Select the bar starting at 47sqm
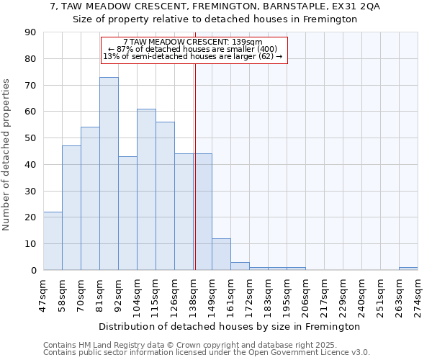pos(53,240)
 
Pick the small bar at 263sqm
pos(408,269)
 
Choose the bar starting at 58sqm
pos(71,208)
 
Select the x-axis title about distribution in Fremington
pos(229,326)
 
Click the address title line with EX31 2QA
pos(215,6)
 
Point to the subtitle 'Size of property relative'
pos(215,19)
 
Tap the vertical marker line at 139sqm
pos(194,180)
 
